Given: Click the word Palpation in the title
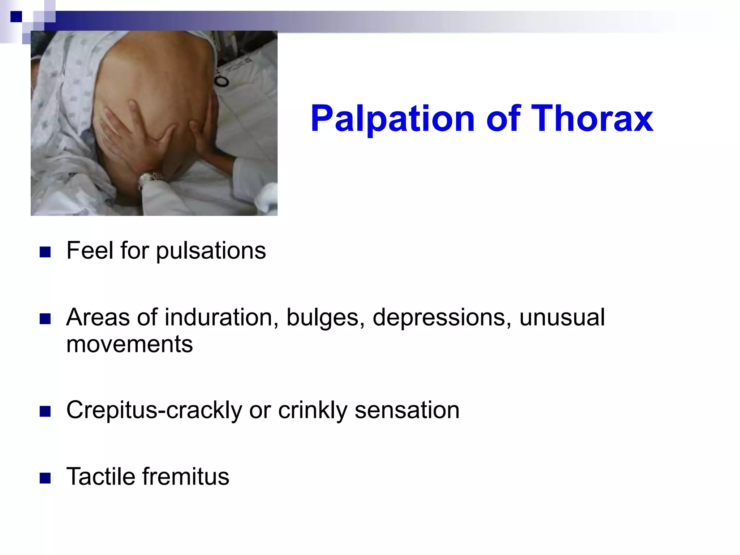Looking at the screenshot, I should tap(392, 119).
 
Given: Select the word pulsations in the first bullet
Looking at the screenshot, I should tap(211, 251).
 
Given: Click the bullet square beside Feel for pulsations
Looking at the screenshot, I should tap(45, 252).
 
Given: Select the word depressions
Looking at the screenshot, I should tap(442, 318).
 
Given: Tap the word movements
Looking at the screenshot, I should tap(129, 344).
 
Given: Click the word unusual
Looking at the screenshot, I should tap(562, 318).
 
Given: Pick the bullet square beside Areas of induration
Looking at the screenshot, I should tap(45, 319).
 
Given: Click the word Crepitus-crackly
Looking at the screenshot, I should tap(154, 410).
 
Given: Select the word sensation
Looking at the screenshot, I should tap(407, 410).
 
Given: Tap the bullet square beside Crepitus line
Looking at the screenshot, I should tap(45, 412).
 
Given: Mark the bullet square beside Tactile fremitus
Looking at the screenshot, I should tap(45, 478).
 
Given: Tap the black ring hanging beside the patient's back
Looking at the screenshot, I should tap(221, 81).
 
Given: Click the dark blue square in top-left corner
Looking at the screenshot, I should tap(16, 17).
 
